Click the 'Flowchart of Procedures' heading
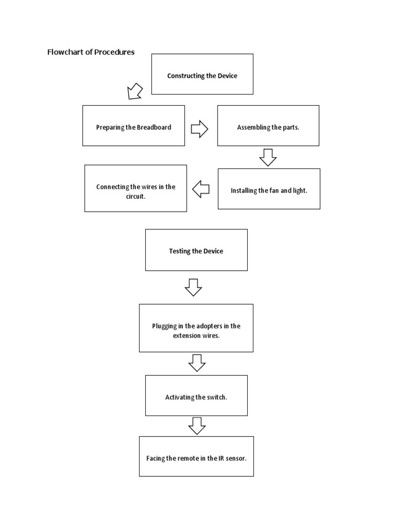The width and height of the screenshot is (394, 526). pos(91,52)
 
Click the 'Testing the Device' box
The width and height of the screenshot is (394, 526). pos(196,250)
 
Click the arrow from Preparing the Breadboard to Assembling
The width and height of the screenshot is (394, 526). pos(200,129)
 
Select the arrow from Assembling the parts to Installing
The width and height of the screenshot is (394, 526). pos(268,157)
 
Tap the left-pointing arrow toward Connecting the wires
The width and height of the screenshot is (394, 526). pos(201,190)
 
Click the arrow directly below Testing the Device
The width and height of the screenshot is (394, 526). pos(193,287)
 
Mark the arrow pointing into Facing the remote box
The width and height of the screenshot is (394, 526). pos(197,426)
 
